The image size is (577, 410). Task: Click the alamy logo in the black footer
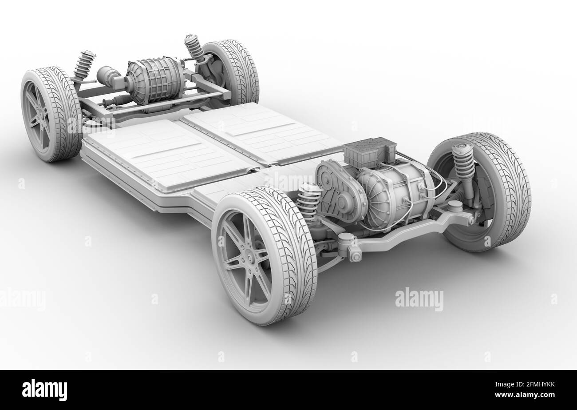44,390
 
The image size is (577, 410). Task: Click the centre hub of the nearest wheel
247,258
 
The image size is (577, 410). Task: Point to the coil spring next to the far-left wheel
84,66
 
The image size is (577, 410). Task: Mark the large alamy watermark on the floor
419,299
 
